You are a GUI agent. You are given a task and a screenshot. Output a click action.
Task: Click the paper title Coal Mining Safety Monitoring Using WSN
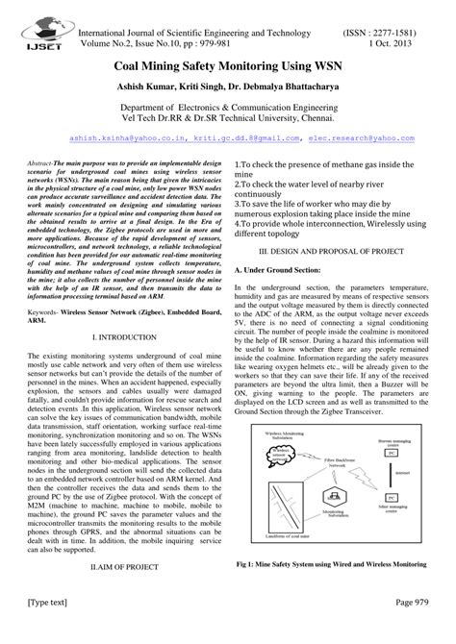(227, 71)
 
